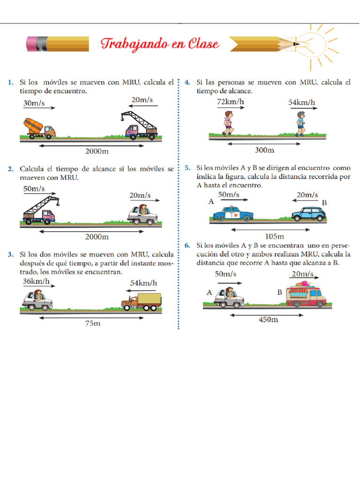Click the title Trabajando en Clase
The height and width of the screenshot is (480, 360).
pos(160,44)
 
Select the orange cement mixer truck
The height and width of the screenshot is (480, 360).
pos(39,127)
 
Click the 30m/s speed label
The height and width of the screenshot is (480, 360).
pos(33,102)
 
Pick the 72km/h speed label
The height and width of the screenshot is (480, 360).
pos(231,102)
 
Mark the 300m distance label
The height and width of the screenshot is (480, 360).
pos(264,150)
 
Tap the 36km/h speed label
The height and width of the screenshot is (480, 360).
pos(36,282)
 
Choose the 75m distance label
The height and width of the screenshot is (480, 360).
pos(92,323)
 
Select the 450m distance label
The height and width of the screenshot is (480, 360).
pos(269,320)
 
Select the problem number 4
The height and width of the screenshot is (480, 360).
pos(187,82)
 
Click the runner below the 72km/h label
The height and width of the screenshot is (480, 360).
pos(228,123)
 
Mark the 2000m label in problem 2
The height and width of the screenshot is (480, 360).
pos(97,236)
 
